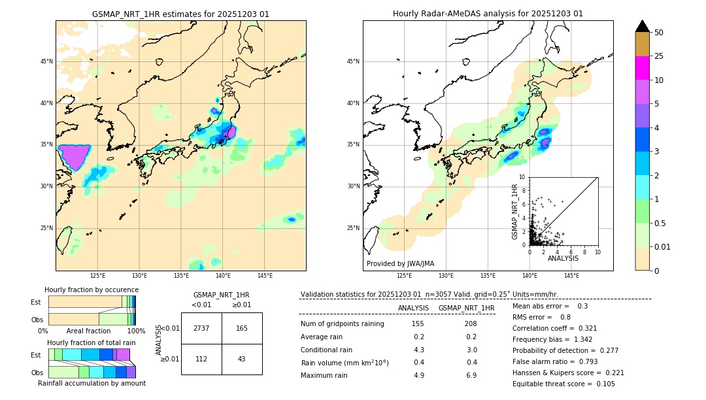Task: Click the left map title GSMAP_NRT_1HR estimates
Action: point(180,14)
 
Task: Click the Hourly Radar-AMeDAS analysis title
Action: point(488,14)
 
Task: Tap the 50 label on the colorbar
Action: point(659,33)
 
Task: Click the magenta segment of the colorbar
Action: point(642,68)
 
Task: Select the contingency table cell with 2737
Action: point(201,328)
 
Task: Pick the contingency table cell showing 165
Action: point(242,328)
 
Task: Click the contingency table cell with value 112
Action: point(201,359)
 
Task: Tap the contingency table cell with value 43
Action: point(242,359)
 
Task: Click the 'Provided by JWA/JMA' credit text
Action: point(400,264)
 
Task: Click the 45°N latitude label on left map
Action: point(46,61)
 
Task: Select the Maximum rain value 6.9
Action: point(470,375)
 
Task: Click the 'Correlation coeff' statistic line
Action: point(555,328)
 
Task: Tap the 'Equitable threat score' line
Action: point(563,384)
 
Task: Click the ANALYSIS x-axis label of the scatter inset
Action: point(563,258)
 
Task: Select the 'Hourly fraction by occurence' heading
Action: point(92,290)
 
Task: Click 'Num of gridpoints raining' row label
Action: point(342,324)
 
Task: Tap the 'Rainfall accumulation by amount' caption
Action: point(92,383)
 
